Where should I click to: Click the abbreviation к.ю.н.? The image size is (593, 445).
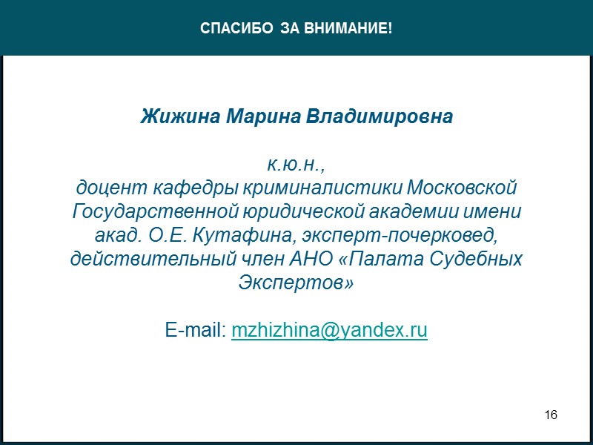pyautogui.click(x=296, y=163)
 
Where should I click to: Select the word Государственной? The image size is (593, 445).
pyautogui.click(x=155, y=211)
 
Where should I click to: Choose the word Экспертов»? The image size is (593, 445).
pyautogui.click(x=296, y=283)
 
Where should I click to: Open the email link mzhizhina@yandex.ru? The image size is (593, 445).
pyautogui.click(x=329, y=330)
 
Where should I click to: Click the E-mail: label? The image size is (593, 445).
pyautogui.click(x=196, y=330)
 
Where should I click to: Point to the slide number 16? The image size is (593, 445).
pyautogui.click(x=551, y=413)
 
